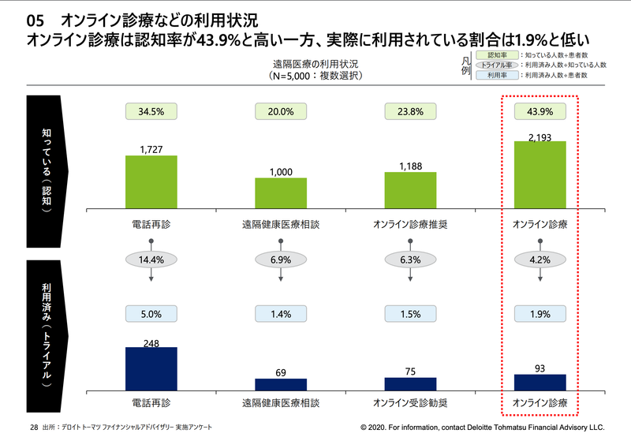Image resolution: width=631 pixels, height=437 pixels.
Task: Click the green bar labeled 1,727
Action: pyautogui.click(x=151, y=182)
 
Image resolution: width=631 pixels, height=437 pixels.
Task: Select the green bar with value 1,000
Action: pyautogui.click(x=280, y=193)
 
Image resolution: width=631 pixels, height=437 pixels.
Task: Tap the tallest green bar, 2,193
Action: pyautogui.click(x=540, y=175)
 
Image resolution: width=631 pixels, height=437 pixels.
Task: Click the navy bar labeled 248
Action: pyautogui.click(x=151, y=369)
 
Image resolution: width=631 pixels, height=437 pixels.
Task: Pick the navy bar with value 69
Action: pyautogui.click(x=280, y=385)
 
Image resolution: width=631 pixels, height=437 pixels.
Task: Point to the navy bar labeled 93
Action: pyautogui.click(x=540, y=383)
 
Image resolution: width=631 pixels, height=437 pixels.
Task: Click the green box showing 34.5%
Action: pyautogui.click(x=151, y=111)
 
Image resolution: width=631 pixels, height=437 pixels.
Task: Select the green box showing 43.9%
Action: pyautogui.click(x=540, y=111)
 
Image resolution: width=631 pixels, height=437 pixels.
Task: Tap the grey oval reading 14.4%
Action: pyautogui.click(x=151, y=259)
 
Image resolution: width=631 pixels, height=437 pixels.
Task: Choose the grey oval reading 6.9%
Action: pyautogui.click(x=280, y=259)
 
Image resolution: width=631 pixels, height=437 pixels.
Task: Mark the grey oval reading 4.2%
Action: pyautogui.click(x=540, y=259)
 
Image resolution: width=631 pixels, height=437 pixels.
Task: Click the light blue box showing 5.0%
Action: pyautogui.click(x=151, y=313)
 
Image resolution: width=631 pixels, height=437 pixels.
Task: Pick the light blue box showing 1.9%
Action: pyautogui.click(x=540, y=313)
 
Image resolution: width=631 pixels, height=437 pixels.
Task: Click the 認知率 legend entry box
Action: pyautogui.click(x=497, y=56)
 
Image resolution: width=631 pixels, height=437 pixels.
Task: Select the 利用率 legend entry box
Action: pyautogui.click(x=497, y=75)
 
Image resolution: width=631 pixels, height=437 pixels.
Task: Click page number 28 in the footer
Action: pyautogui.click(x=34, y=427)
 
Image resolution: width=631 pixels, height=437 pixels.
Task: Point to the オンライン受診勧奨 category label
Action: pyautogui.click(x=410, y=403)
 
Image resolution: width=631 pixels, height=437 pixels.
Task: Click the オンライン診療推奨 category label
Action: pyautogui.click(x=410, y=224)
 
